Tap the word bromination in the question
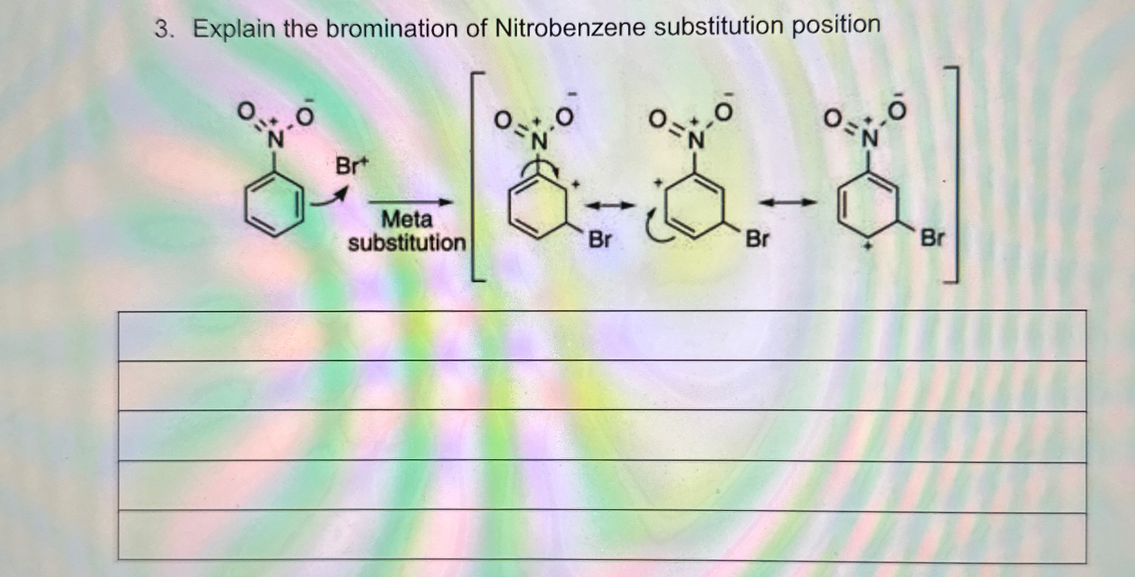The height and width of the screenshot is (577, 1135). pyautogui.click(x=392, y=29)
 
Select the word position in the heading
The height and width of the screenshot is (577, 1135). pyautogui.click(x=836, y=25)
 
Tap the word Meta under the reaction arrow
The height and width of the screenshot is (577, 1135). pyautogui.click(x=407, y=219)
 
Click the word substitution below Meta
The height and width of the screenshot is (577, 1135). pyautogui.click(x=407, y=243)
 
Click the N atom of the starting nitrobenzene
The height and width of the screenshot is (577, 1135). pyautogui.click(x=275, y=139)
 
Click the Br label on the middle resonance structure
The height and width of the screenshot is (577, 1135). pyautogui.click(x=757, y=239)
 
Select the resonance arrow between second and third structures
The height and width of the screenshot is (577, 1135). pyautogui.click(x=788, y=202)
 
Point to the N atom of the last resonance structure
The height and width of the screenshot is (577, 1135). pyautogui.click(x=869, y=138)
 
